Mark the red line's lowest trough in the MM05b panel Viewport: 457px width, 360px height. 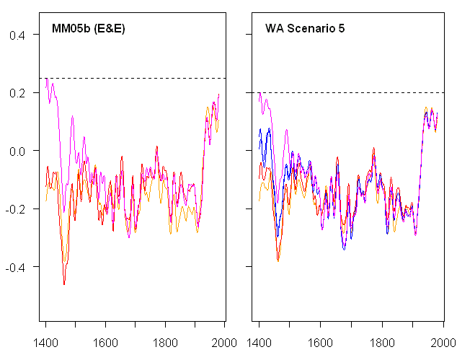pos(64,284)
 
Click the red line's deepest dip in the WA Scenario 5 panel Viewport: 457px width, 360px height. pos(278,260)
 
